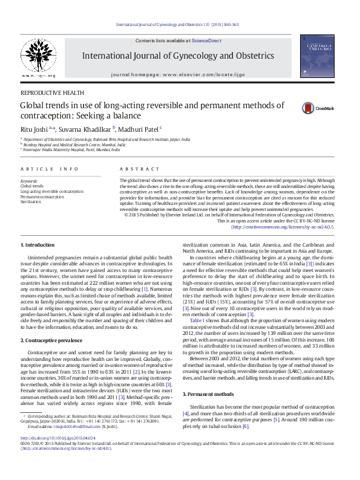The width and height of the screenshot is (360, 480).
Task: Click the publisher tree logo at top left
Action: [39, 58]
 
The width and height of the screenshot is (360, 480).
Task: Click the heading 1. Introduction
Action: [38, 245]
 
